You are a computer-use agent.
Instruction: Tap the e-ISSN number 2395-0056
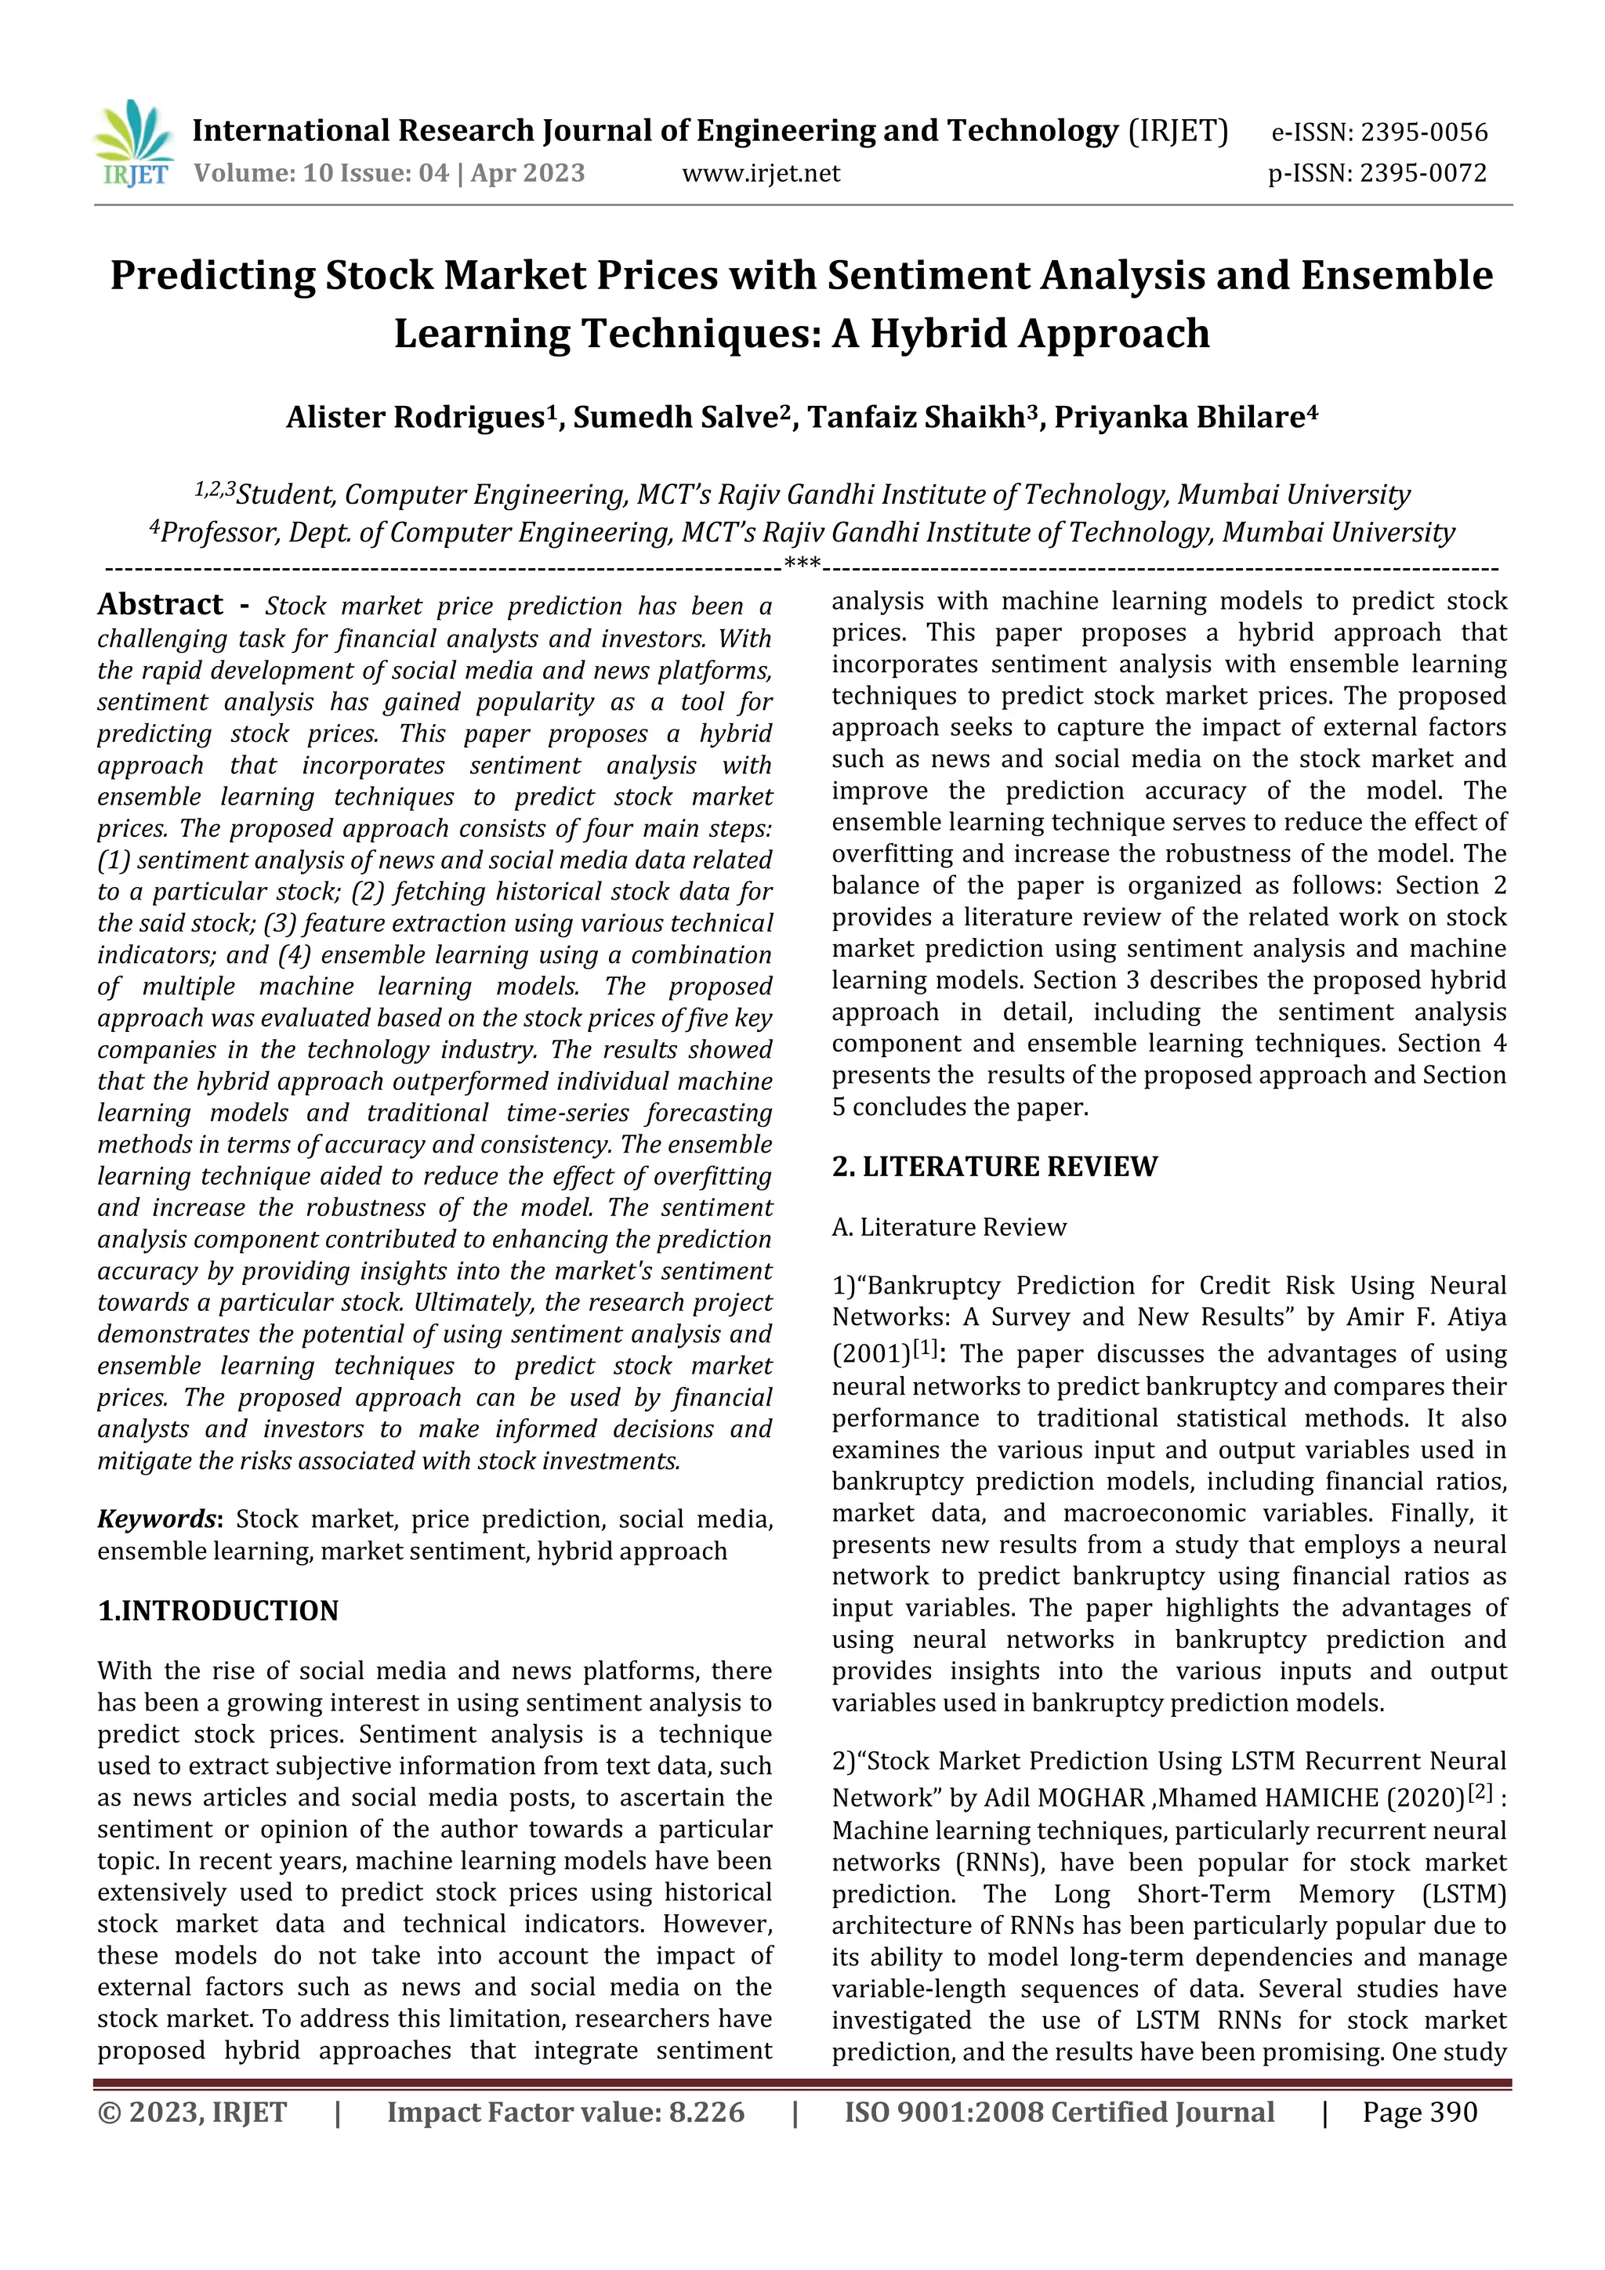coord(1424,132)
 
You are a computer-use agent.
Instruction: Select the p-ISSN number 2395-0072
coord(1422,173)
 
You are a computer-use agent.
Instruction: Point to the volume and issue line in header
coord(389,173)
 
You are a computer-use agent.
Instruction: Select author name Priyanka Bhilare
coord(1179,417)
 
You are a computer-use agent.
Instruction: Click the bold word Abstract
coord(160,604)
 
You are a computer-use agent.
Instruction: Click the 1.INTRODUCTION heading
coord(218,1610)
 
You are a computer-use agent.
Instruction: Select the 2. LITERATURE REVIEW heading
coord(994,1167)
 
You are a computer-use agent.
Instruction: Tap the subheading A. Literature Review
coord(948,1227)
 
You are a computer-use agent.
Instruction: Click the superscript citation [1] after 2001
coord(925,1347)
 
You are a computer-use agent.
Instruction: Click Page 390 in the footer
coord(1419,2112)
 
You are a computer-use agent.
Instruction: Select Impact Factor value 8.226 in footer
coord(565,2112)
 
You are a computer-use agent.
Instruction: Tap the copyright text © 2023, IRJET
coord(192,2112)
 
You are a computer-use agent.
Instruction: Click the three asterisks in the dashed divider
coord(801,563)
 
